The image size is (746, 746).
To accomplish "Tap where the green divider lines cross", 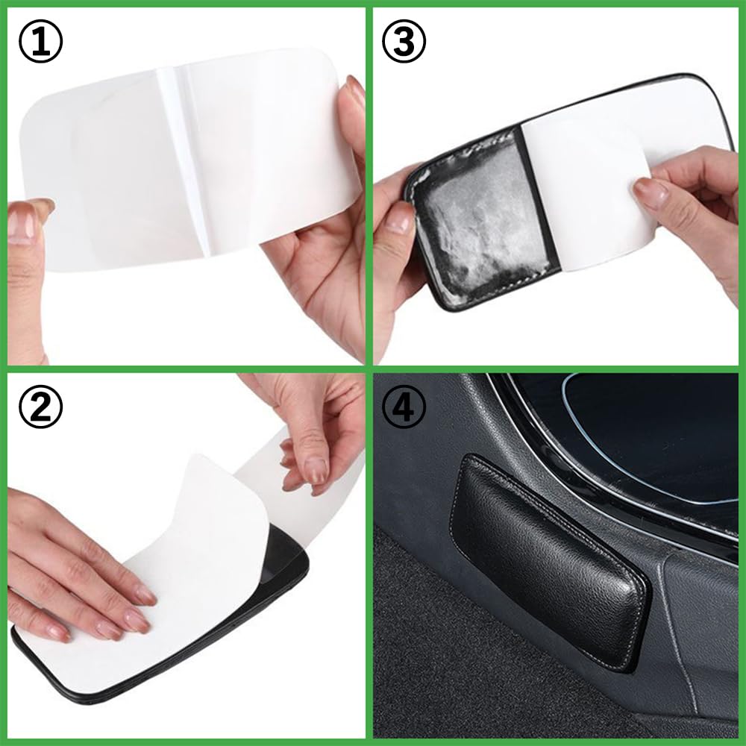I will (x=369, y=369).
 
